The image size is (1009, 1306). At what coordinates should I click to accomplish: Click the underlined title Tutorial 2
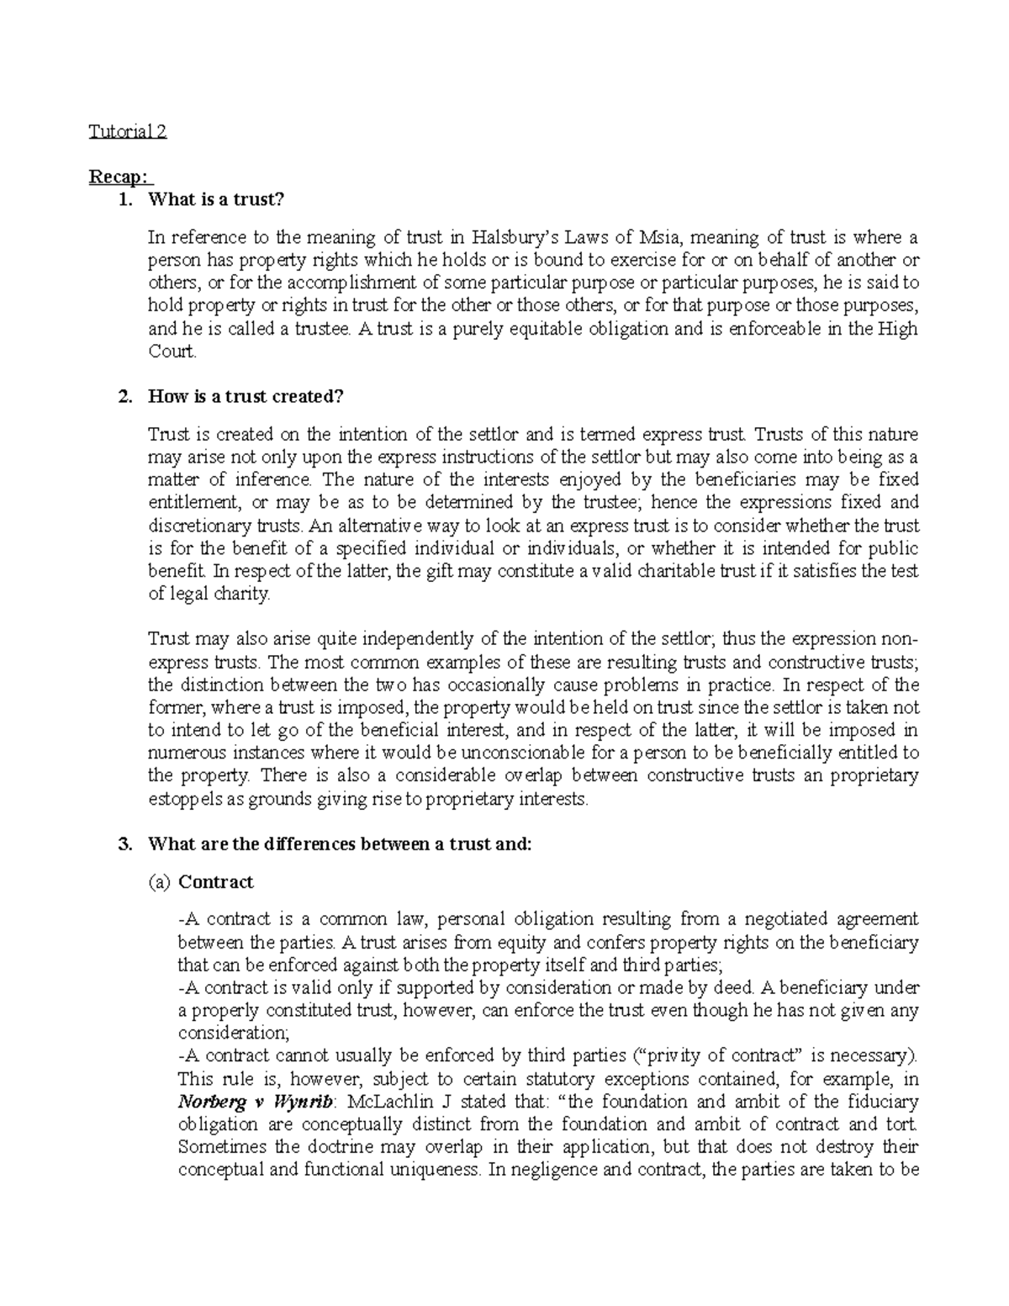128,132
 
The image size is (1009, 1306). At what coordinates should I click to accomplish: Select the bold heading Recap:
119,177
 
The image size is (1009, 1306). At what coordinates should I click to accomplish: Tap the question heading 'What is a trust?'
217,200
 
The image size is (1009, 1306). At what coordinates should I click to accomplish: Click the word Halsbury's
511,238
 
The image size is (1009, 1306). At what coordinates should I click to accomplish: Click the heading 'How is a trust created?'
246,397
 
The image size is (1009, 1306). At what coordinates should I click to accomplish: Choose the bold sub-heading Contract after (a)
216,882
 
